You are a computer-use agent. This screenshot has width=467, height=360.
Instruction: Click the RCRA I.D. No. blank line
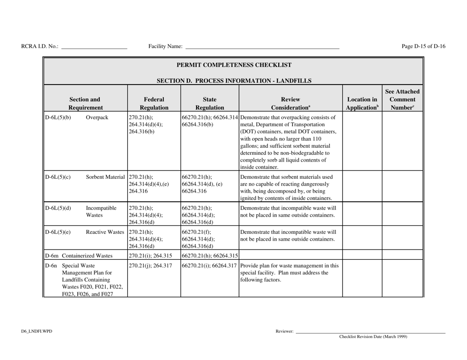pos(94,48)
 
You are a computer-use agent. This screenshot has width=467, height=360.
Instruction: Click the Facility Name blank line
pos(262,48)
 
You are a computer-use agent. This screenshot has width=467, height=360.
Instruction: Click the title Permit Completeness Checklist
pos(233,65)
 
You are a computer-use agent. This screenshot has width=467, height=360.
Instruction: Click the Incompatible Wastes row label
pos(99,211)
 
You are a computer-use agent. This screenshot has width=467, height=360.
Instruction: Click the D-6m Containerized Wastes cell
pos(78,255)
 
